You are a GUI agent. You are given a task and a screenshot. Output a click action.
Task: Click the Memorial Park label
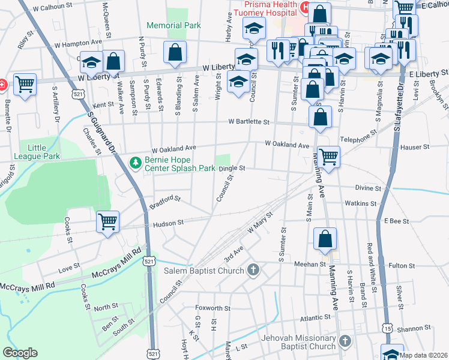[173, 26]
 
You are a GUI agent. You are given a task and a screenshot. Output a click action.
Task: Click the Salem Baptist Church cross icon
[253, 270]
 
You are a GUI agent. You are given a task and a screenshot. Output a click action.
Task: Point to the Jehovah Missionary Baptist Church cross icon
[345, 341]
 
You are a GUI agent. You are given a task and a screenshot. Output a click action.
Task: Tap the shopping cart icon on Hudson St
[108, 221]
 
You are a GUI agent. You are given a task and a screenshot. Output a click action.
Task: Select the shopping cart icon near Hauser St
[328, 157]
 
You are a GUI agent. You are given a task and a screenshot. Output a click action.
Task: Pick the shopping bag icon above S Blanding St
[174, 52]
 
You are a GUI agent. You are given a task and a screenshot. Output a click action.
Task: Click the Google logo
[20, 353]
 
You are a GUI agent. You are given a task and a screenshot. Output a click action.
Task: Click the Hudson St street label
[168, 223]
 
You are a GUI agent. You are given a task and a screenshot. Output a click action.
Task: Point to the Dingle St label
[232, 169]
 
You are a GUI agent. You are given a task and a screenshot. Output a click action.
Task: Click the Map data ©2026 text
[423, 355]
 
